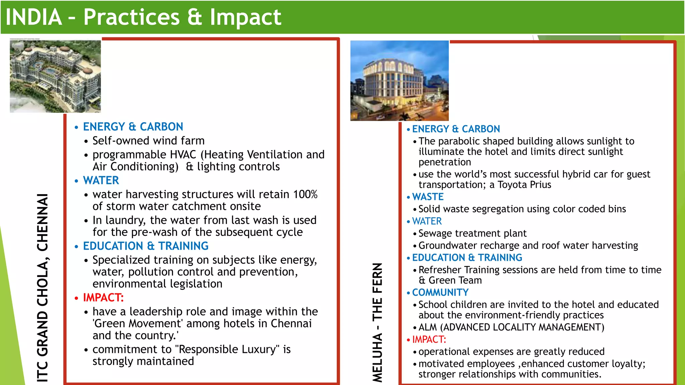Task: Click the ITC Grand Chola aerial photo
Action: (x=55, y=76)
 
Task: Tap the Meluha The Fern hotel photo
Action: (x=399, y=81)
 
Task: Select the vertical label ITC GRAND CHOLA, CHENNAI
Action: (x=42, y=287)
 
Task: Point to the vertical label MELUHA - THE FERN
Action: (x=377, y=323)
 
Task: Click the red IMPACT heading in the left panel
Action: (x=103, y=297)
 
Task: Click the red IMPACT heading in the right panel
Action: (x=429, y=340)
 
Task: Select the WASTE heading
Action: (x=428, y=197)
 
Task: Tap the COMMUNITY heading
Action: (x=440, y=292)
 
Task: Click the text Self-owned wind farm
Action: (x=148, y=141)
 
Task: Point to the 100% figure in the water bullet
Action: (x=305, y=194)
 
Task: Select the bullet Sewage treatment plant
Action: (x=472, y=233)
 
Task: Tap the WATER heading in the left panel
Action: (x=101, y=180)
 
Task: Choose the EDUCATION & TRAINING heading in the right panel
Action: (x=467, y=258)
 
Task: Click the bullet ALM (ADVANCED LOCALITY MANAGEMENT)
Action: (x=511, y=327)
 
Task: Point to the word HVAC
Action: (x=183, y=155)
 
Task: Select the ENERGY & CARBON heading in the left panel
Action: (x=133, y=127)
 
